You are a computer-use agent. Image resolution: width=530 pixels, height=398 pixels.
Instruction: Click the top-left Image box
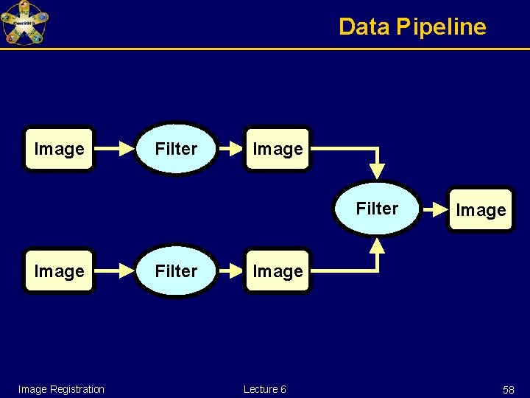[x=59, y=149]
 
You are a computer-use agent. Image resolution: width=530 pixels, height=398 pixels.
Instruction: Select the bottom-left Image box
[x=59, y=271]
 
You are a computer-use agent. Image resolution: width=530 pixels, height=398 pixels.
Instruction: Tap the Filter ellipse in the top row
[x=177, y=149]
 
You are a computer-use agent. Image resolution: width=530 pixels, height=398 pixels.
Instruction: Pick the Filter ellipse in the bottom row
[x=177, y=271]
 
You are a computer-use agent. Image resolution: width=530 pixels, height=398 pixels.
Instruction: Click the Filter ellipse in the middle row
[x=377, y=209]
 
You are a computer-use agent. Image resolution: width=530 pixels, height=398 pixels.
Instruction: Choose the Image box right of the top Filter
[x=278, y=149]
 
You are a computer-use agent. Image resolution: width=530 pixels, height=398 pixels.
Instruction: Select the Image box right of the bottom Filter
[x=278, y=271]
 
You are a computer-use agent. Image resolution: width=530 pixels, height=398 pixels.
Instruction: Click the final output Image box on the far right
[x=481, y=210]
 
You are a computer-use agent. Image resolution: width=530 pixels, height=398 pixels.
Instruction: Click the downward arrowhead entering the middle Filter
[x=377, y=171]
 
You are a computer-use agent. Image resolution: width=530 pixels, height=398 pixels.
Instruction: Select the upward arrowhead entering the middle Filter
[x=377, y=246]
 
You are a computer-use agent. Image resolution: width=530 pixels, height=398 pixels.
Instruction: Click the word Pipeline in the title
[x=441, y=27]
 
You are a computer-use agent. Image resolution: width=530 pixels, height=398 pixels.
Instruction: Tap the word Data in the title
[x=364, y=27]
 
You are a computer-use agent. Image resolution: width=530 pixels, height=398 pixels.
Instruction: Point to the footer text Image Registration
[x=61, y=389]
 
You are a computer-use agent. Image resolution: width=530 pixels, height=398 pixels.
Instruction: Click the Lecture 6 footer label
[x=265, y=389]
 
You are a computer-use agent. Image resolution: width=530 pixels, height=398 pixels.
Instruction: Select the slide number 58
[x=508, y=390]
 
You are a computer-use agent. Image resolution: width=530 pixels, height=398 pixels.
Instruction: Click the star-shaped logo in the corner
[x=24, y=23]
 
